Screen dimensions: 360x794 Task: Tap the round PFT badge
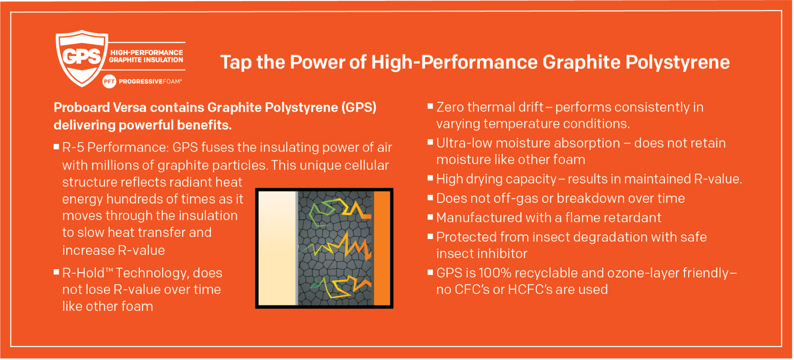[x=109, y=81]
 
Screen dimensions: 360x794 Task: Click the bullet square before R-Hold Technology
[x=56, y=272]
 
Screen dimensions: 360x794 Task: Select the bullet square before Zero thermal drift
[x=430, y=106]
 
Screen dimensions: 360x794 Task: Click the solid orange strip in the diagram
[x=382, y=248]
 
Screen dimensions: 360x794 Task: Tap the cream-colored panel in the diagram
[x=277, y=248]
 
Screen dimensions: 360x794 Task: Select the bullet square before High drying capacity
[x=430, y=178]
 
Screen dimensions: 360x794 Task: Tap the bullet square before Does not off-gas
[x=430, y=197]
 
